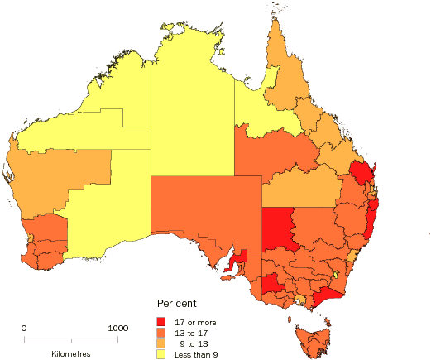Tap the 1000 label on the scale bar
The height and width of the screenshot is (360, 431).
click(x=117, y=329)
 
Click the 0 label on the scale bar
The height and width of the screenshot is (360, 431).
click(x=24, y=329)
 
